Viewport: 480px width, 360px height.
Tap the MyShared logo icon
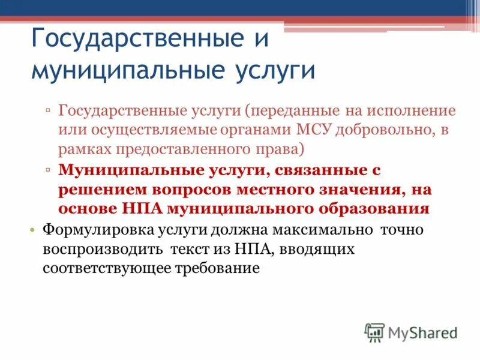374,332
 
